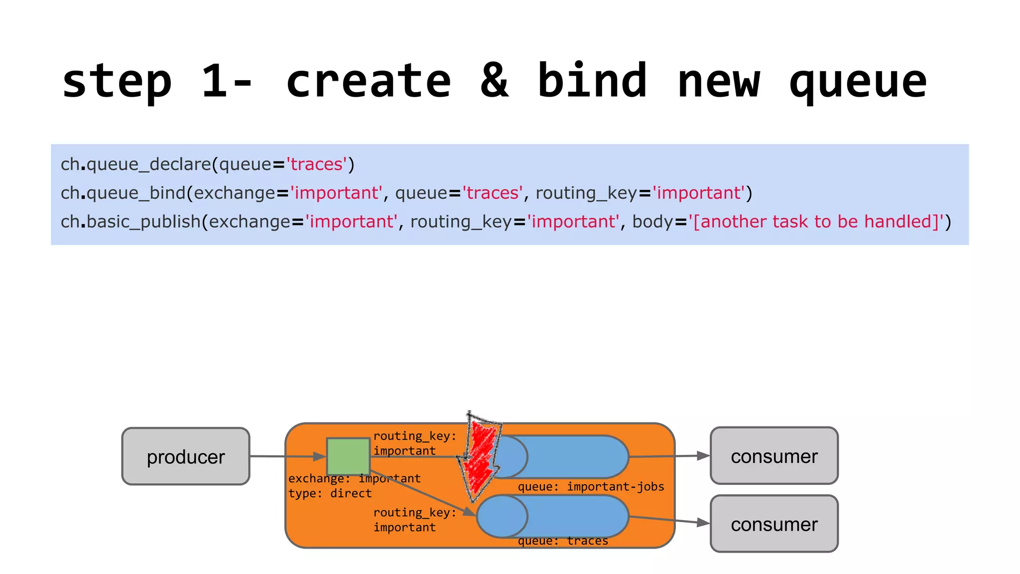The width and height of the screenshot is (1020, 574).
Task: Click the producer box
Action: point(185,456)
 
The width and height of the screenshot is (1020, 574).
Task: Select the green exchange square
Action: point(348,456)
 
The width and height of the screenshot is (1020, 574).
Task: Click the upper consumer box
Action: point(774,455)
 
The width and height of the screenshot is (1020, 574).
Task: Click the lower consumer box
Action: point(774,524)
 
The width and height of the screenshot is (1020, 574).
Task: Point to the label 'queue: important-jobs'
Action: point(591,487)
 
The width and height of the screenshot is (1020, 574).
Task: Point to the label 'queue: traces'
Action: point(563,541)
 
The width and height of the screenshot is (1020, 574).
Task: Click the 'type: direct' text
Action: point(330,494)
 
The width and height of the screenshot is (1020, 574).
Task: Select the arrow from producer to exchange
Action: point(288,456)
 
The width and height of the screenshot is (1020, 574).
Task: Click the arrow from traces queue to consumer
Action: point(669,520)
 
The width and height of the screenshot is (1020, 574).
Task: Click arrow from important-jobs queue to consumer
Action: point(669,455)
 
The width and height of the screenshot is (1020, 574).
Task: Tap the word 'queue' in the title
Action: point(858,82)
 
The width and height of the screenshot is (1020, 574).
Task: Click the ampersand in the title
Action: point(494,81)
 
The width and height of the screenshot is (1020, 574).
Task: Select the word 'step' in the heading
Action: point(117,82)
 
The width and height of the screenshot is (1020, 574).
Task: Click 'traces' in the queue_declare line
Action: point(316,164)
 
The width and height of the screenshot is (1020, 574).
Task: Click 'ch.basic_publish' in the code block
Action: point(130,222)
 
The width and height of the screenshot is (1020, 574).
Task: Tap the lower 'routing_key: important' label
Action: point(414,520)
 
